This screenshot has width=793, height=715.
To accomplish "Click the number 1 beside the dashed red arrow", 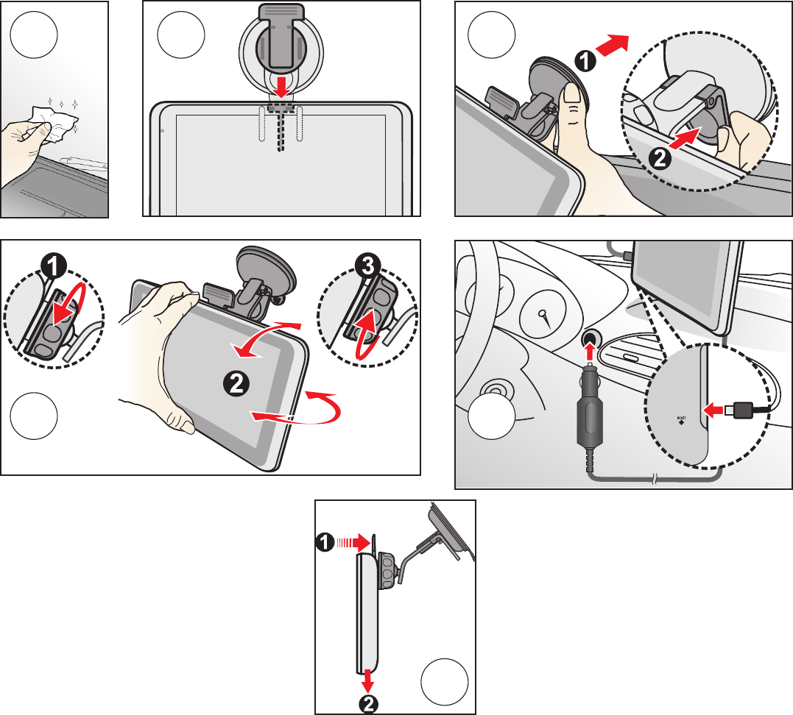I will coord(325,544).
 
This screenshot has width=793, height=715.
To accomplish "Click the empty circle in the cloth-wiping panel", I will coord(35,35).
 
